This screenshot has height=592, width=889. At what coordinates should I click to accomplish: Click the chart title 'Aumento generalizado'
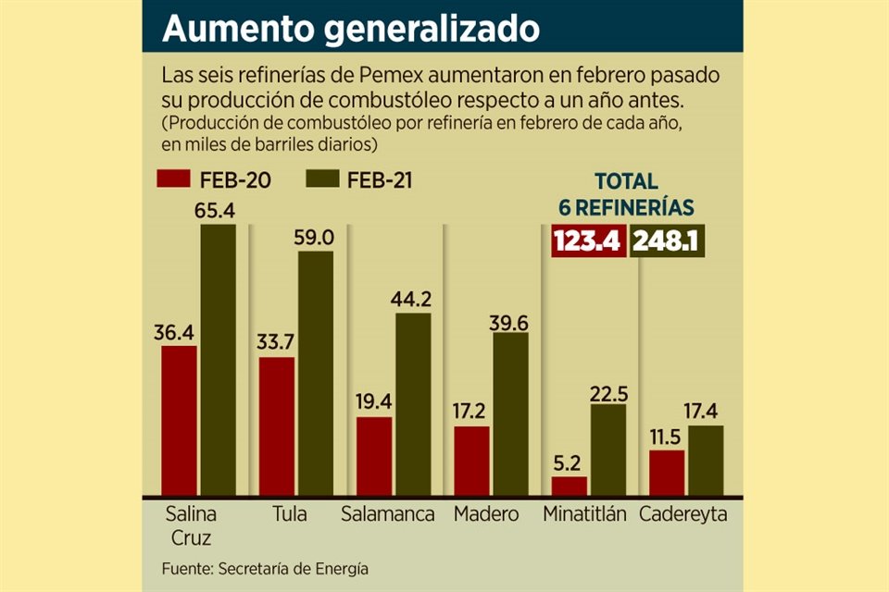pyautogui.click(x=350, y=28)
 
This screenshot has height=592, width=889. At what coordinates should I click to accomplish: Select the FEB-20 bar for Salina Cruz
pyautogui.click(x=179, y=422)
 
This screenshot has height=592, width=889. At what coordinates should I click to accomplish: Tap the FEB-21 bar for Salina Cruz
pyautogui.click(x=219, y=361)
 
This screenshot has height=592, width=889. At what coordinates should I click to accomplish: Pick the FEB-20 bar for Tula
pyautogui.click(x=277, y=427)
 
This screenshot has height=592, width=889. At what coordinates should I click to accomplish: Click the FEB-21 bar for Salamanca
pyautogui.click(x=414, y=405)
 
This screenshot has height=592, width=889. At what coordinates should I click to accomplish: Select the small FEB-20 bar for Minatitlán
pyautogui.click(x=570, y=487)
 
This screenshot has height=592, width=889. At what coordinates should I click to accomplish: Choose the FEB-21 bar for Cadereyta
pyautogui.click(x=706, y=461)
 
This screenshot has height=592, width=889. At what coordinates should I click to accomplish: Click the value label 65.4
pyautogui.click(x=217, y=211)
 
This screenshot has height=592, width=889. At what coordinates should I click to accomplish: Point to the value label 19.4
pyautogui.click(x=374, y=402)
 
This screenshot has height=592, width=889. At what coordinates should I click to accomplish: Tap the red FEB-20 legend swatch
pyautogui.click(x=174, y=179)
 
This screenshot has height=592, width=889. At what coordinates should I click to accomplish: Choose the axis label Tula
pyautogui.click(x=290, y=514)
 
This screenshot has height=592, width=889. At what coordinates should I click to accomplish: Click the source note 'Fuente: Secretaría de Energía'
pyautogui.click(x=265, y=568)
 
